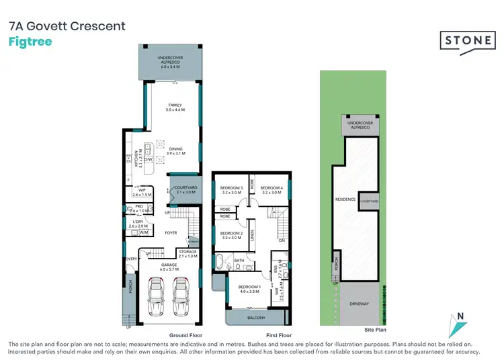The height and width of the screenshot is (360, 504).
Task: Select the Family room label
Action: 175,107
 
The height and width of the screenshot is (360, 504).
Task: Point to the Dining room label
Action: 175,151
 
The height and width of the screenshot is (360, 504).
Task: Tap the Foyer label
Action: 170,233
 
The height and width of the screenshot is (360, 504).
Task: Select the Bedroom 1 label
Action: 247,289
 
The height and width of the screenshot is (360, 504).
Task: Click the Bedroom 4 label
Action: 270,189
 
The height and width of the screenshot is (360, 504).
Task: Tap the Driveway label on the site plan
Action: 360,304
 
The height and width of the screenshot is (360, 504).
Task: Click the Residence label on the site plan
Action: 345,199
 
